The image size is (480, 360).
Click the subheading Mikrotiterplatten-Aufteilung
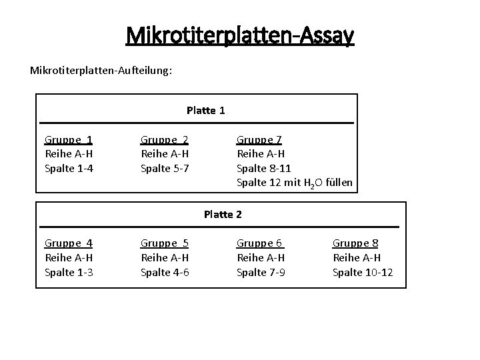(101, 69)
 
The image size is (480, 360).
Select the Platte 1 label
(206, 110)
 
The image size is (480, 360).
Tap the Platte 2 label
(223, 214)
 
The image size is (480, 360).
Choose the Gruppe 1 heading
(69, 139)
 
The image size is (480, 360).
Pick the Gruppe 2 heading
(165, 139)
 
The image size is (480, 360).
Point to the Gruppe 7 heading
(259, 139)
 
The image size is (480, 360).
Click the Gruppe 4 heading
(69, 243)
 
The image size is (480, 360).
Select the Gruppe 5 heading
(165, 243)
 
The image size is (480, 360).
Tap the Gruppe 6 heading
(261, 243)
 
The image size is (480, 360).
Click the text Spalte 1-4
(69, 167)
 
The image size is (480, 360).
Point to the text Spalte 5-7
(165, 167)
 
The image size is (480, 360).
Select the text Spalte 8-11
(264, 167)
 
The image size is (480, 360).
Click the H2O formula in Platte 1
(315, 183)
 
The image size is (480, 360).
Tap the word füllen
(339, 182)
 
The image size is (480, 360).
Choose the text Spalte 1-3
(69, 271)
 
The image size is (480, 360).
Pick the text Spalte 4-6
(165, 271)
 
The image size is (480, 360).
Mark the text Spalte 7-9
(261, 271)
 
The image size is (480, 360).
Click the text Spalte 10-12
(363, 271)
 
